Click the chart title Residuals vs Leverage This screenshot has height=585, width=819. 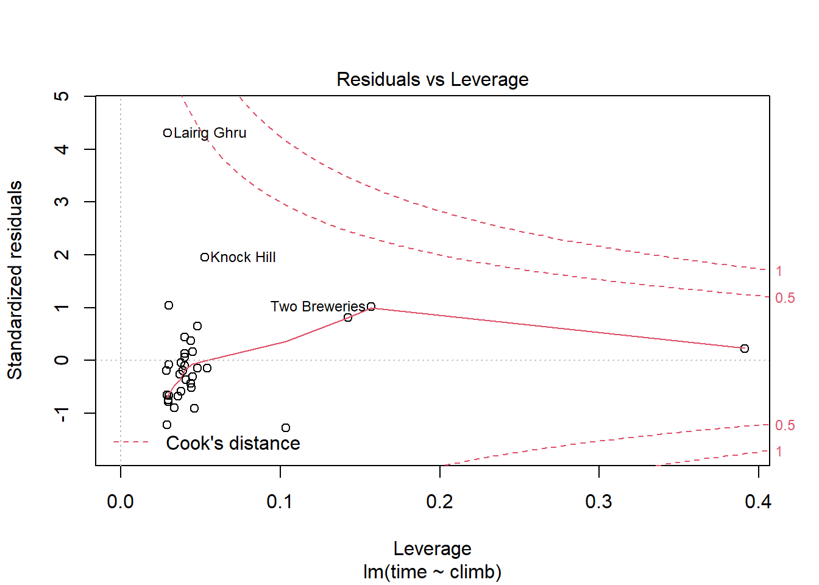432,79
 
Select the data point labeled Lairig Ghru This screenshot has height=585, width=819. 168,133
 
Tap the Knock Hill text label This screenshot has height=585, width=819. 243,257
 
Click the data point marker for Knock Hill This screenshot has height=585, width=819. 205,257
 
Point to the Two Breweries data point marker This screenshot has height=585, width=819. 371,307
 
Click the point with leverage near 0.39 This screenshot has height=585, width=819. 744,349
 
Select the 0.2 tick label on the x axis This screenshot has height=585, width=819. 439,502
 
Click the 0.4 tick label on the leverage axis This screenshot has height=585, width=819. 758,502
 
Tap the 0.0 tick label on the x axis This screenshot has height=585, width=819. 121,502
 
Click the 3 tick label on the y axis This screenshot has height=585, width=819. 62,202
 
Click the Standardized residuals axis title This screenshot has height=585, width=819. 15,280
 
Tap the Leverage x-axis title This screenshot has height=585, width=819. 432,548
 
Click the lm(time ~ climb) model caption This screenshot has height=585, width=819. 432,572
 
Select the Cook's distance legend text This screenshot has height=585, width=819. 233,443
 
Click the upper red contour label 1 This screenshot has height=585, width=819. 779,271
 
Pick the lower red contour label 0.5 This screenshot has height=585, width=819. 785,425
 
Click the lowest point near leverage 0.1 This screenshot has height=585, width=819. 286,428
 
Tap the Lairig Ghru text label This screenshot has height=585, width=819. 210,133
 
